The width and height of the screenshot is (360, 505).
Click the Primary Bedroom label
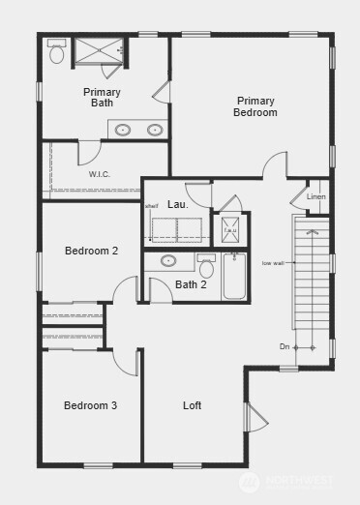[x=255, y=106]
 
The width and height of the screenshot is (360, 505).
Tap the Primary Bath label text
[x=102, y=97]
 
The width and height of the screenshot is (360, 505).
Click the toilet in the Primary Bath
[x=57, y=52]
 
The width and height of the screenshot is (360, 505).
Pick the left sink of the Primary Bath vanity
[x=124, y=130]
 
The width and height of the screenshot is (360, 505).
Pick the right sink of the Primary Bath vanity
[x=155, y=130]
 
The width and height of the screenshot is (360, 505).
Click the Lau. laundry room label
[x=177, y=205]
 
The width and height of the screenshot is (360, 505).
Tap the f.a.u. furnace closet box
[x=230, y=230]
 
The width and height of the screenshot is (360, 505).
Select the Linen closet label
[x=316, y=197]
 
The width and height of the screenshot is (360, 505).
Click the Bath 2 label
[x=191, y=284]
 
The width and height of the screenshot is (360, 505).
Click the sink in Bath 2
[x=168, y=260]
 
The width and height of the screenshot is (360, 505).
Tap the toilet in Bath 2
[x=206, y=267]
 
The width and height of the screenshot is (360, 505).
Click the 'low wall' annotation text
[x=273, y=262]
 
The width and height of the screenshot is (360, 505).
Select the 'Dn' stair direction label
[x=285, y=346]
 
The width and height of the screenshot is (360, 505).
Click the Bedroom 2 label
[x=91, y=252]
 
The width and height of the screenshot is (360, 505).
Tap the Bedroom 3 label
[x=90, y=405]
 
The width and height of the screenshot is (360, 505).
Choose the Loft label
[x=193, y=405]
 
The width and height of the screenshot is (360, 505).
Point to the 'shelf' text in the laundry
[x=151, y=206]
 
